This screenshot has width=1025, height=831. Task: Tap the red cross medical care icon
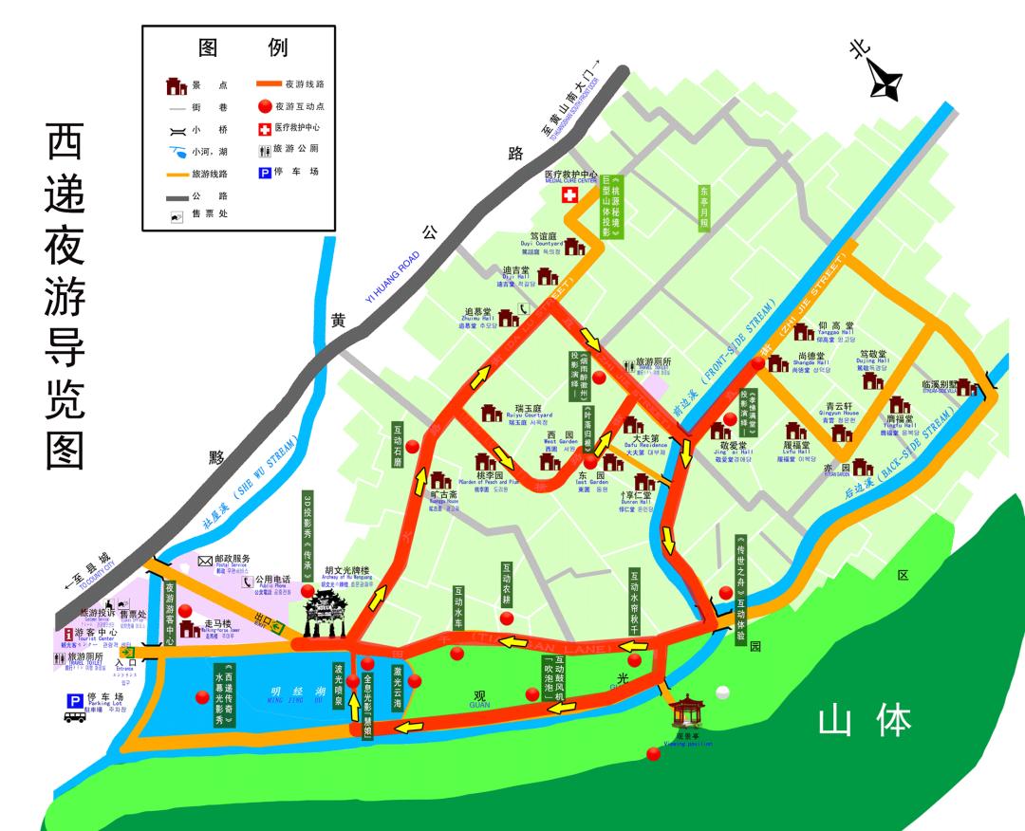click(569, 195)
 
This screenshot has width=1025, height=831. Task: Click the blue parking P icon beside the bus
click(73, 700)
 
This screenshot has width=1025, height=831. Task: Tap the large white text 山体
click(865, 722)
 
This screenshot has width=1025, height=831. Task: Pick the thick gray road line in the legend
click(174, 196)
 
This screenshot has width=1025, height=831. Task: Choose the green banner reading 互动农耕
click(507, 584)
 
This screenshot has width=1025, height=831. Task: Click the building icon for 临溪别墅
click(967, 387)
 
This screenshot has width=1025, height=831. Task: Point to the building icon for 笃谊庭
click(575, 247)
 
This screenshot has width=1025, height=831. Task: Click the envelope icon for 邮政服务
click(205, 561)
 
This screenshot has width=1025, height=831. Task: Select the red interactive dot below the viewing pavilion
click(653, 754)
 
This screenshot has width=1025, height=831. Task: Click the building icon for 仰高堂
click(804, 331)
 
